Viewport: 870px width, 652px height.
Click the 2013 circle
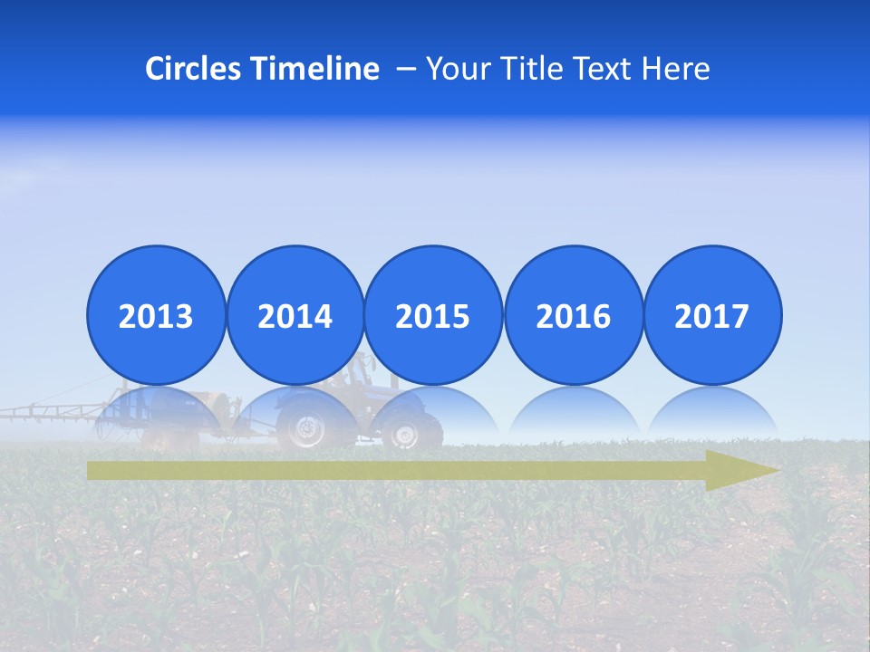156,315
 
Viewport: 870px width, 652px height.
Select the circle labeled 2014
295,315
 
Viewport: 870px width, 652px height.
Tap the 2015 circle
433,315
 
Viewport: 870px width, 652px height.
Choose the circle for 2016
573,315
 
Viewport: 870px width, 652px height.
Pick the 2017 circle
711,315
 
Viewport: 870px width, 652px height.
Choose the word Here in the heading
677,69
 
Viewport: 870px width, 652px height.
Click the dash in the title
406,70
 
